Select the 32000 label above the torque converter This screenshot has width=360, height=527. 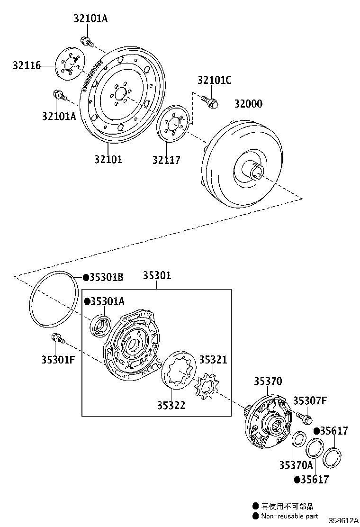(x=246, y=104)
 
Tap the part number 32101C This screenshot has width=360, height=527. (x=214, y=80)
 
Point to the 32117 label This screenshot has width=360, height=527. (x=166, y=160)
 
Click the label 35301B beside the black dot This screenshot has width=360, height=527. (x=107, y=277)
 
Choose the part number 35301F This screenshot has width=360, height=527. (x=58, y=359)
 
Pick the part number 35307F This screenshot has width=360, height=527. (x=310, y=401)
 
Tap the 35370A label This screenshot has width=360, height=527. (x=296, y=465)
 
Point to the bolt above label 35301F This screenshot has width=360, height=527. (x=57, y=338)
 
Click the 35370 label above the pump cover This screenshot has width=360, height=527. (x=268, y=382)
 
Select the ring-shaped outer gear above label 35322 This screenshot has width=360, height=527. (x=179, y=370)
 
